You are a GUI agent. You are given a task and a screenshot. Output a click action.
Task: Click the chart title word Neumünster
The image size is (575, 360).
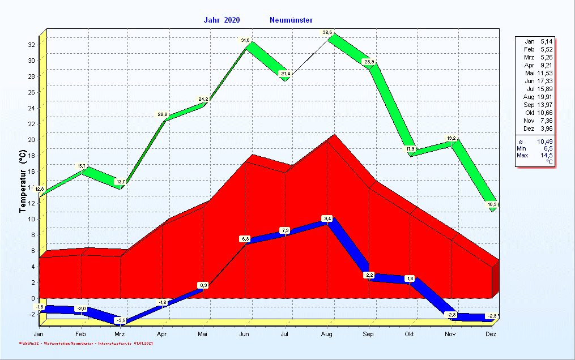click(291, 20)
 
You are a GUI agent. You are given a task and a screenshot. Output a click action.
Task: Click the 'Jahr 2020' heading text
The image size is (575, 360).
click(222, 20)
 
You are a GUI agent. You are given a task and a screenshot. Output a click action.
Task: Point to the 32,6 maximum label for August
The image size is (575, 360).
click(327, 33)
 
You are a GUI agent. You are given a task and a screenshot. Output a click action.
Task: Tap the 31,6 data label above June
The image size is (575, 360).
click(245, 41)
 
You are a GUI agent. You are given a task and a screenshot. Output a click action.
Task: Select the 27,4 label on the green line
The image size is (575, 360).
click(286, 74)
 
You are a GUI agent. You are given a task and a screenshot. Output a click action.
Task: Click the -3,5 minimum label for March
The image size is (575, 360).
click(121, 321)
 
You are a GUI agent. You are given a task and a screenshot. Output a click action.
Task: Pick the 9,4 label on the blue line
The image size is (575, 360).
click(327, 218)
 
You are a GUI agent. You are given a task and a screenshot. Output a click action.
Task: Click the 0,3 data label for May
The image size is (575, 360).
click(203, 285)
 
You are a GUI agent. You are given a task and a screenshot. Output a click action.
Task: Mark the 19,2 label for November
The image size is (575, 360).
click(452, 138)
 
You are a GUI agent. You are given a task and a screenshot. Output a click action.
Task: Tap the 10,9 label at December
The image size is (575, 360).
click(492, 204)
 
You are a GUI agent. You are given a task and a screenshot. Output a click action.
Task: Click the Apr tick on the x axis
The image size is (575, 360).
click(162, 334)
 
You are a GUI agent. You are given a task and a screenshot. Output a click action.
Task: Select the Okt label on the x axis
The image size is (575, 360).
click(409, 334)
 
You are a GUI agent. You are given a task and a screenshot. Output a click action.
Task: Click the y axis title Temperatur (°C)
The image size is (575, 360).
click(22, 181)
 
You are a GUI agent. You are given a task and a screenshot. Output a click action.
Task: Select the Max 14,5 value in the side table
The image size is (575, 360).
click(545, 155)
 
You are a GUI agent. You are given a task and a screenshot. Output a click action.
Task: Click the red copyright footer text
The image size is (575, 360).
click(85, 343)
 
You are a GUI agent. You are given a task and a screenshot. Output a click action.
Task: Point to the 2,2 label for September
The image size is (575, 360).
click(369, 275)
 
